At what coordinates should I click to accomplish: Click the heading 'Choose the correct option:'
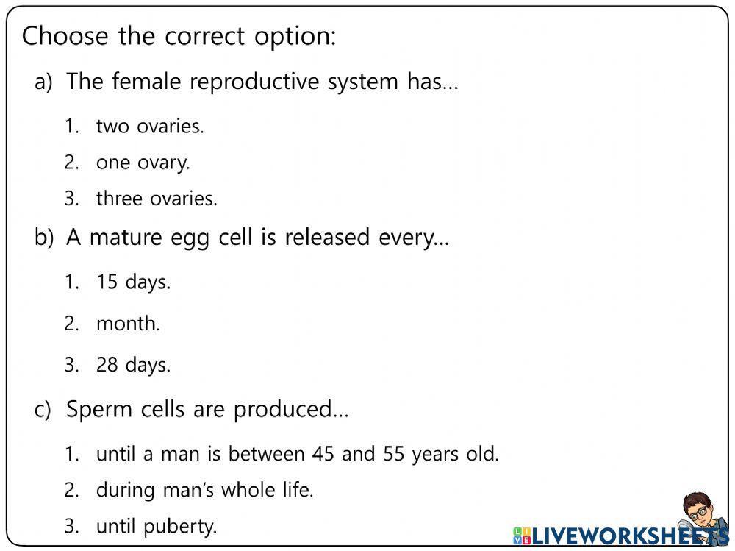tap(179, 36)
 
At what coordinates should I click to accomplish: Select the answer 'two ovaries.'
tap(150, 127)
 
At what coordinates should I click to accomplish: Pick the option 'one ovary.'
tap(143, 163)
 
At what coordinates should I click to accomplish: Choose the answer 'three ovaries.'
tap(157, 199)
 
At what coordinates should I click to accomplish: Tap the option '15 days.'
tap(133, 282)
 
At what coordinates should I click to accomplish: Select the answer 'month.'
tap(128, 323)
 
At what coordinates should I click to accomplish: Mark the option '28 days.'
tap(133, 365)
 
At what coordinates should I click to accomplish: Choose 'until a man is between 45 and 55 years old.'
tap(297, 454)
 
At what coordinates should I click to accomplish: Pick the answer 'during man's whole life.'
tap(204, 490)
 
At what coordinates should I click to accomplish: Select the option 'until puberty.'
tap(157, 527)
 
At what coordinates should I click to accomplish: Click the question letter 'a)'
tap(43, 82)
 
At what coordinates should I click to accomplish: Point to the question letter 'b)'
tap(44, 238)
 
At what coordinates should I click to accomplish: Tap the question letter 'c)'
tap(43, 410)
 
